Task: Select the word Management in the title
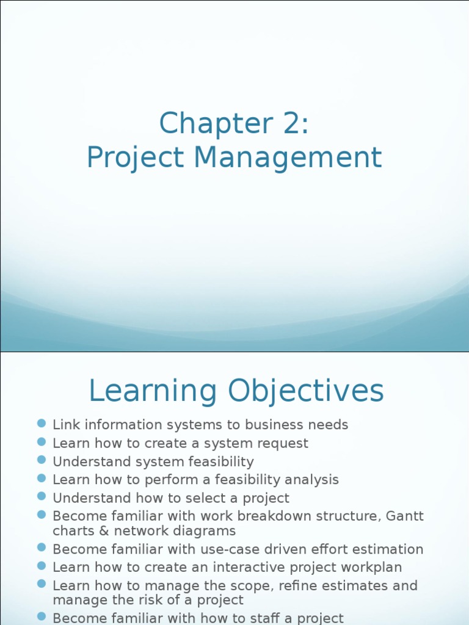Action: tap(288, 157)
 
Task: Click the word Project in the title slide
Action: tap(135, 157)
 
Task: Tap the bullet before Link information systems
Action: tap(42, 424)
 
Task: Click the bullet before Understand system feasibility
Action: tap(42, 460)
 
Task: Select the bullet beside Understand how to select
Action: tap(42, 497)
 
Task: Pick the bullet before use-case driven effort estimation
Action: tap(42, 548)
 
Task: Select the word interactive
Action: tap(258, 568)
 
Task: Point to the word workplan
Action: tap(372, 568)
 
